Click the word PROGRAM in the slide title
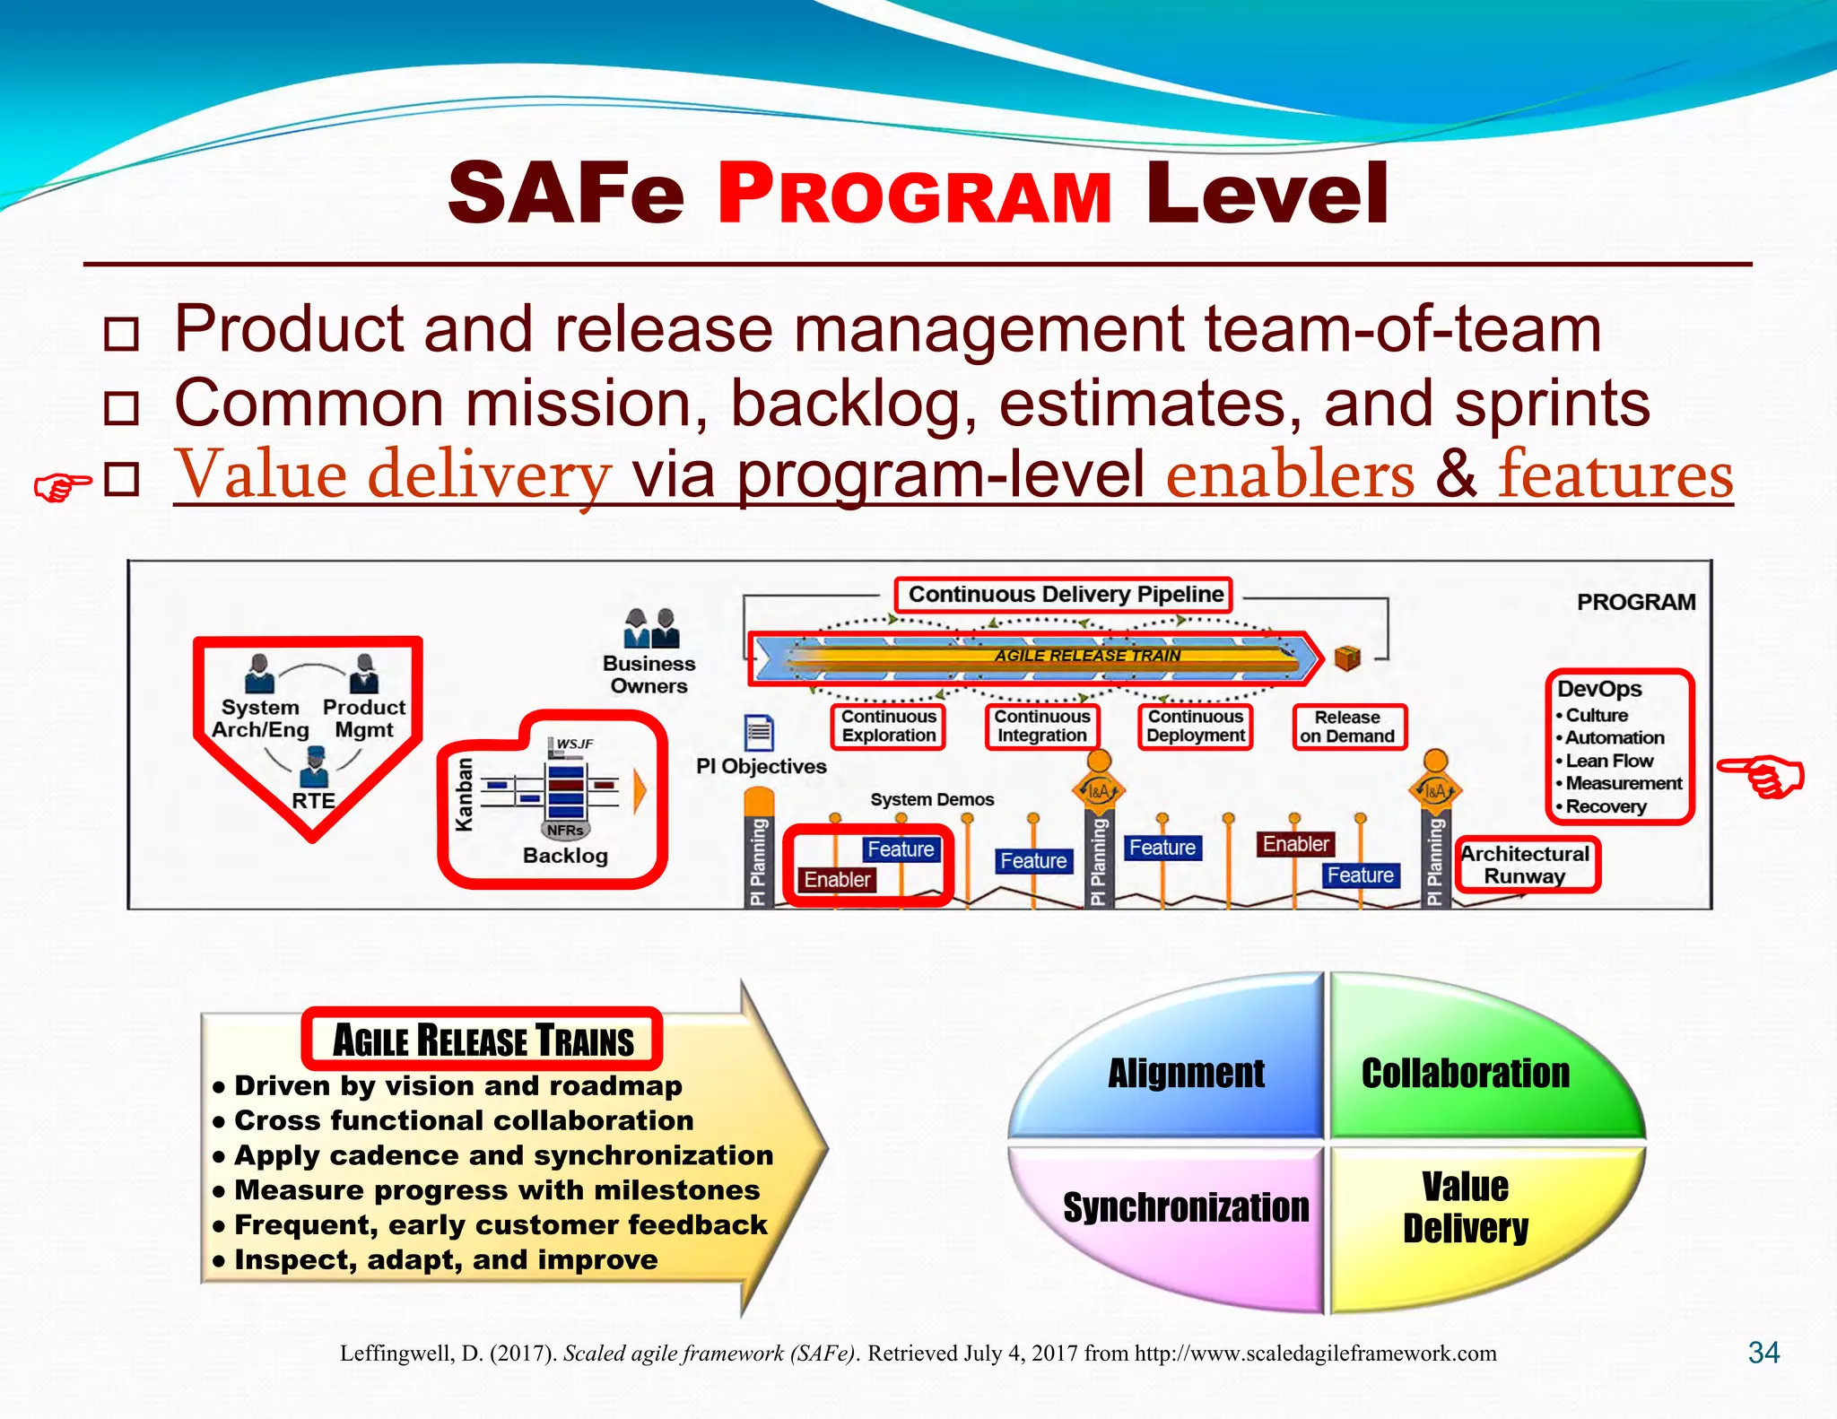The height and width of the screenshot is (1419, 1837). tap(914, 195)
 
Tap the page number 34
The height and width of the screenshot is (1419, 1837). tap(1763, 1353)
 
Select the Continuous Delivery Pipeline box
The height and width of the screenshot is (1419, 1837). tap(1065, 595)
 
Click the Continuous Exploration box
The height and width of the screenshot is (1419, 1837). tap(888, 727)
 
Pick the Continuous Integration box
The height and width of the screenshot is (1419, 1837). tap(1041, 727)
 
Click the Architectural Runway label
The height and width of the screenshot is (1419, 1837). tap(1525, 865)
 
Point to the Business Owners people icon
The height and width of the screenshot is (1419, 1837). tap(650, 628)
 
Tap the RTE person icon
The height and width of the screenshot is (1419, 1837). tap(313, 768)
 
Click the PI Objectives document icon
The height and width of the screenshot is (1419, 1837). tap(759, 733)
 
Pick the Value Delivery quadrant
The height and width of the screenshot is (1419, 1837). tap(1465, 1208)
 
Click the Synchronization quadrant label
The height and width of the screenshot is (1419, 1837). tap(1185, 1208)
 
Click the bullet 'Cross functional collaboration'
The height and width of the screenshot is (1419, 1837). tap(463, 1121)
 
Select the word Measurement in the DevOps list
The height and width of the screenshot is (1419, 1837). tap(1624, 783)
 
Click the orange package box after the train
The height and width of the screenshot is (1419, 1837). tap(1347, 657)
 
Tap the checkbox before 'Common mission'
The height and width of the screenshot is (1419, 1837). tap(121, 407)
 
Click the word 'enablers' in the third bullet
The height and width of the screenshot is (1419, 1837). tap(1290, 474)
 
